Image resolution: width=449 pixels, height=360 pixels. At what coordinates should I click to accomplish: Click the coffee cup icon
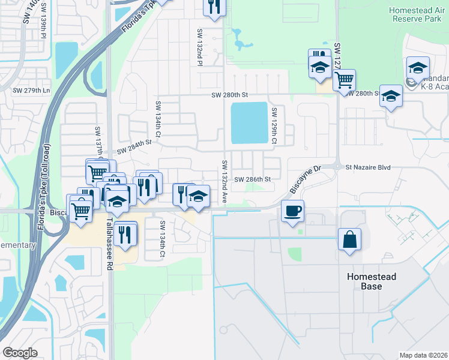[292, 212]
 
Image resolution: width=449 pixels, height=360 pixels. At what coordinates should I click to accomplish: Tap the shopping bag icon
[349, 239]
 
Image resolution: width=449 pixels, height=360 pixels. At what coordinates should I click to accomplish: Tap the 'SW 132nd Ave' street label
[224, 182]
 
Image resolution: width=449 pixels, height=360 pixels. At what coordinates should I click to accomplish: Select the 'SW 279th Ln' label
[31, 91]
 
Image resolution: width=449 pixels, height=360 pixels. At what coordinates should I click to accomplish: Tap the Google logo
[20, 352]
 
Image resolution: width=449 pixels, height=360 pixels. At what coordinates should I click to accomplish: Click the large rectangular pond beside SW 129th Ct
[249, 123]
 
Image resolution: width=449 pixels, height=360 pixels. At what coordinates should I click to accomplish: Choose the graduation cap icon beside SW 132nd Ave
[197, 197]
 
